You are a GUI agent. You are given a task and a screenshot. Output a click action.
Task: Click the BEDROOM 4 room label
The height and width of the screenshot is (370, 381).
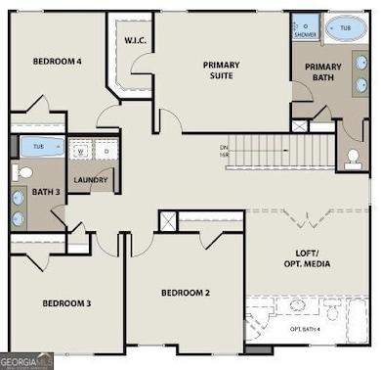pyautogui.click(x=57, y=61)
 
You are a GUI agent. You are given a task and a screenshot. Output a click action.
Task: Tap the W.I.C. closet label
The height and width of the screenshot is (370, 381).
pyautogui.click(x=135, y=40)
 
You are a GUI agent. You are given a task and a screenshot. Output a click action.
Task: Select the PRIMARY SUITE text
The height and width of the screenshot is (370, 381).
pyautogui.click(x=221, y=71)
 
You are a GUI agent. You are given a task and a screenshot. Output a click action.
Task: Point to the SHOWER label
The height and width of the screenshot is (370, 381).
pyautogui.click(x=305, y=35)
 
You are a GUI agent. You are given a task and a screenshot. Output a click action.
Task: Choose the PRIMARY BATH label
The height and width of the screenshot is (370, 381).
pyautogui.click(x=322, y=74)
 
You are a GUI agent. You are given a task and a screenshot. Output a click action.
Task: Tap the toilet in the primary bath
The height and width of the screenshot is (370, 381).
pyautogui.click(x=353, y=157)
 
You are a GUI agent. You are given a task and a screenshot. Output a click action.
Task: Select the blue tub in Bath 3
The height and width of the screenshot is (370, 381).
pyautogui.click(x=39, y=148)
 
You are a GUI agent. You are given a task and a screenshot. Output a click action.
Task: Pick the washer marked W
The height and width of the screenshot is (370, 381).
pyautogui.click(x=80, y=152)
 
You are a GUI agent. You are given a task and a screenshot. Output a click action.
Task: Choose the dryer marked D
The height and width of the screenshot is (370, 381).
pyautogui.click(x=105, y=152)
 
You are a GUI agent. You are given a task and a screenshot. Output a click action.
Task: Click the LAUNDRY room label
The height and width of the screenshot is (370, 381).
pyautogui.click(x=90, y=180)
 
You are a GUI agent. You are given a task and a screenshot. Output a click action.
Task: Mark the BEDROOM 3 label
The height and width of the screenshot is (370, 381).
pyautogui.click(x=65, y=303)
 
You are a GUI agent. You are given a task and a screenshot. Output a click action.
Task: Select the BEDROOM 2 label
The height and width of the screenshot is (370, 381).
pyautogui.click(x=186, y=293)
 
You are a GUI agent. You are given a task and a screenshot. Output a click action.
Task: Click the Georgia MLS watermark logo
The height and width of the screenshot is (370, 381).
pyautogui.click(x=27, y=361)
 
